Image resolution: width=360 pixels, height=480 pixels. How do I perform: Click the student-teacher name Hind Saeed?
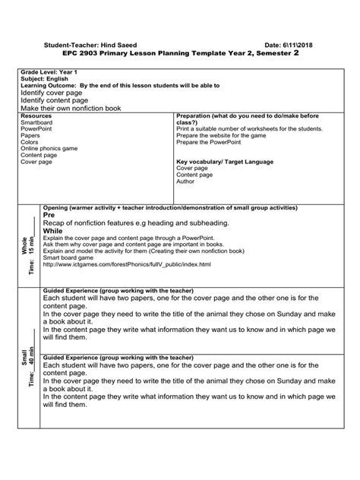[x=125, y=45]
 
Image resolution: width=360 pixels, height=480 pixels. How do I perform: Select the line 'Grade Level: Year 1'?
[x=46, y=71]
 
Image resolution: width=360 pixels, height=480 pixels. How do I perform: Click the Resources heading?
[x=36, y=115]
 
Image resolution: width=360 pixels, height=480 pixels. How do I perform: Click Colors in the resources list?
[x=30, y=141]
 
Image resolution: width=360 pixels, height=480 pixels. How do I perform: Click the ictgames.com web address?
[x=127, y=264]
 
